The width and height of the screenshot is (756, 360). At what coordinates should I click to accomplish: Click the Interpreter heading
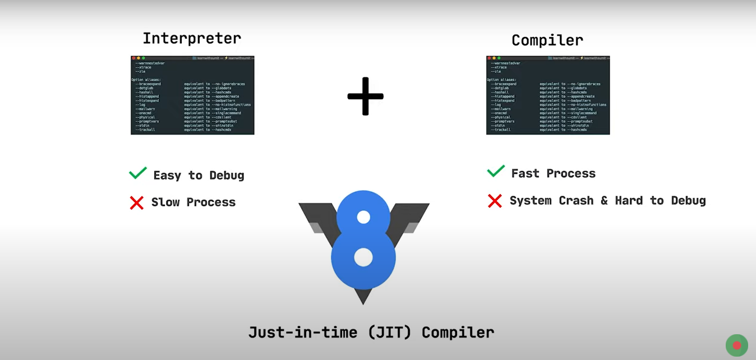point(192,38)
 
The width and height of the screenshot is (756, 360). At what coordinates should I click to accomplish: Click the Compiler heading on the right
point(547,40)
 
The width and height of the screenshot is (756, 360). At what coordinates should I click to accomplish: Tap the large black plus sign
point(365,96)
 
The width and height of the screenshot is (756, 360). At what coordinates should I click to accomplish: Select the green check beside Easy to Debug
point(138,173)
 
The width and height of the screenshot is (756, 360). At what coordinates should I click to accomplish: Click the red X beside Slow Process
point(137,202)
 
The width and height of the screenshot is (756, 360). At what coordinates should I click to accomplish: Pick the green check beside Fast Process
point(496,172)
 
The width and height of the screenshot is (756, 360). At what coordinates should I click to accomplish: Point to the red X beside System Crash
point(495,201)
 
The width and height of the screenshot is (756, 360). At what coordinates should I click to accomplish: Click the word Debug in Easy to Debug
point(227,176)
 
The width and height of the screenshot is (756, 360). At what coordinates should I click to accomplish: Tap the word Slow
point(165,202)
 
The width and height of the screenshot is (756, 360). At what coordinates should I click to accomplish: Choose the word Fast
point(525,173)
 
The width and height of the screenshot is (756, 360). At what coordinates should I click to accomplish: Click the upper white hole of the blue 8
point(363,216)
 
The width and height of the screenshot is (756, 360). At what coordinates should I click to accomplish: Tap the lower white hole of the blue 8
point(363,257)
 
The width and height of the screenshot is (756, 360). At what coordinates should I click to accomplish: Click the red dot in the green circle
point(737,345)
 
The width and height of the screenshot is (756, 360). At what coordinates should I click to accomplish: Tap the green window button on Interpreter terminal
point(144,58)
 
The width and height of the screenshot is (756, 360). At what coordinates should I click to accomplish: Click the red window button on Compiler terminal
point(489,58)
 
